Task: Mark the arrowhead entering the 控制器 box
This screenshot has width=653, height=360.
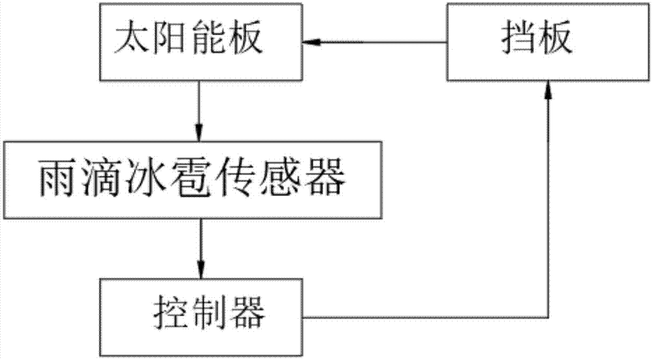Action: [200, 270]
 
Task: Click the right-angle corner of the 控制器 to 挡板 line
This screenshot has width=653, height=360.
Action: [547, 318]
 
